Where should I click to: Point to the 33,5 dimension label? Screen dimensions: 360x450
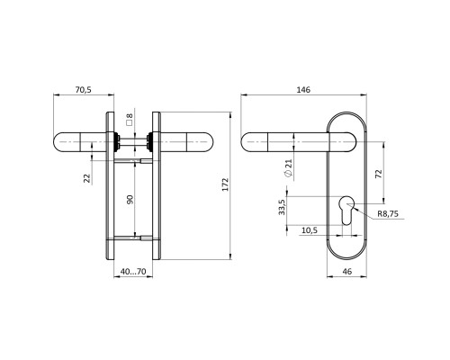(x=282, y=208)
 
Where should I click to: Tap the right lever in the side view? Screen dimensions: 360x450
(x=184, y=141)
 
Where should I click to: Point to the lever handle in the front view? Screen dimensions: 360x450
(x=288, y=141)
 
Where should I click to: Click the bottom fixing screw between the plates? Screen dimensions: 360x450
(x=132, y=238)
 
